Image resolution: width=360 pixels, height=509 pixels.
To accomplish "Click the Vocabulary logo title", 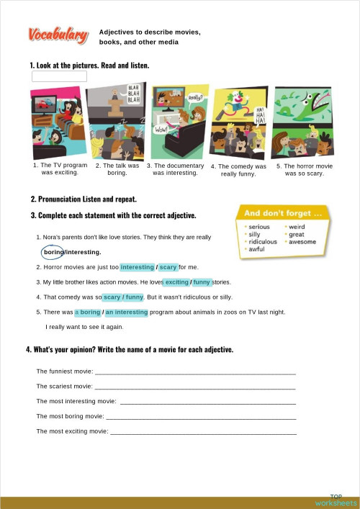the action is coord(58,35).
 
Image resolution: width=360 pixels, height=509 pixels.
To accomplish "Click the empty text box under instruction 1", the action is coord(59,76).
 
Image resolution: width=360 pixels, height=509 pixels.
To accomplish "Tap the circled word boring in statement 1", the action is coord(53,253).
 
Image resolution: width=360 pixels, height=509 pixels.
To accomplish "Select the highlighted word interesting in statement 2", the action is coord(137,267).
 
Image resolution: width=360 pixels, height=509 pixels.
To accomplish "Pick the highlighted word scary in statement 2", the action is coord(168,267).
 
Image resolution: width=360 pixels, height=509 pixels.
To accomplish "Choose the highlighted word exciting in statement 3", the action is coord(176,282).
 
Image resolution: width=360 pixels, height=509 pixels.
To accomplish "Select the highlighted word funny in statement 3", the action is coord(202,282).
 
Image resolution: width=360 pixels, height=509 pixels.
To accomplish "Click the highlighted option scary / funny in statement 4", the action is coord(123,297).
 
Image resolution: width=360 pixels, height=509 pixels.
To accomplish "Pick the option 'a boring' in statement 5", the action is coord(88,312).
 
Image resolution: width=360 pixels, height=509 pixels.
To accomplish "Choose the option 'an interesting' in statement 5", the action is coord(127,312).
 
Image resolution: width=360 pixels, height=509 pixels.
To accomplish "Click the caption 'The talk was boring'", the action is coord(117,169).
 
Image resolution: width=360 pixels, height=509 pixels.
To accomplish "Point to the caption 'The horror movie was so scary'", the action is coord(305,169).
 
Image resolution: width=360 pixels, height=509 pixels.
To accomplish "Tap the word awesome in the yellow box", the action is coord(302,242).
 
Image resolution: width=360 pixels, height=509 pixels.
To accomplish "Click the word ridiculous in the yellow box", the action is coord(263,242).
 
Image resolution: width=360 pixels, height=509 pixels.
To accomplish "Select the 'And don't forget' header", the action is coord(282,213).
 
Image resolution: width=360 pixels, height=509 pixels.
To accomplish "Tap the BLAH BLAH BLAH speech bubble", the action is coord(134,94).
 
